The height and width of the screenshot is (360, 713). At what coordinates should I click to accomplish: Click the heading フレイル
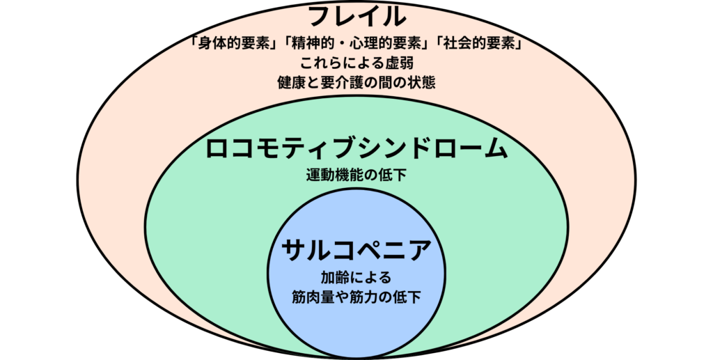coord(356,17)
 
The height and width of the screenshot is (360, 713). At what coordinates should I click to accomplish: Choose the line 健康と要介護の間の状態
coord(356,81)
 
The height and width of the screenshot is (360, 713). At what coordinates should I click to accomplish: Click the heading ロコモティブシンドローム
coord(356,148)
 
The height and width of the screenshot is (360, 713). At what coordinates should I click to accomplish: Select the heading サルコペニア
coord(356,249)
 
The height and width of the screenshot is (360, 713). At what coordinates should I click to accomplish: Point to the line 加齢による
coord(356,276)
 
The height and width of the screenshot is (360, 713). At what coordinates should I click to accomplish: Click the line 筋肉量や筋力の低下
coord(356,296)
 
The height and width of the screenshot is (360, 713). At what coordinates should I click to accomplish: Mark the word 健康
coord(291,81)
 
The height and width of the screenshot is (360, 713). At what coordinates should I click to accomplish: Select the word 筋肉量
coord(315,296)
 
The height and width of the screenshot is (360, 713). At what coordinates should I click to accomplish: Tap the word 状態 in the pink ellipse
coord(421,81)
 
